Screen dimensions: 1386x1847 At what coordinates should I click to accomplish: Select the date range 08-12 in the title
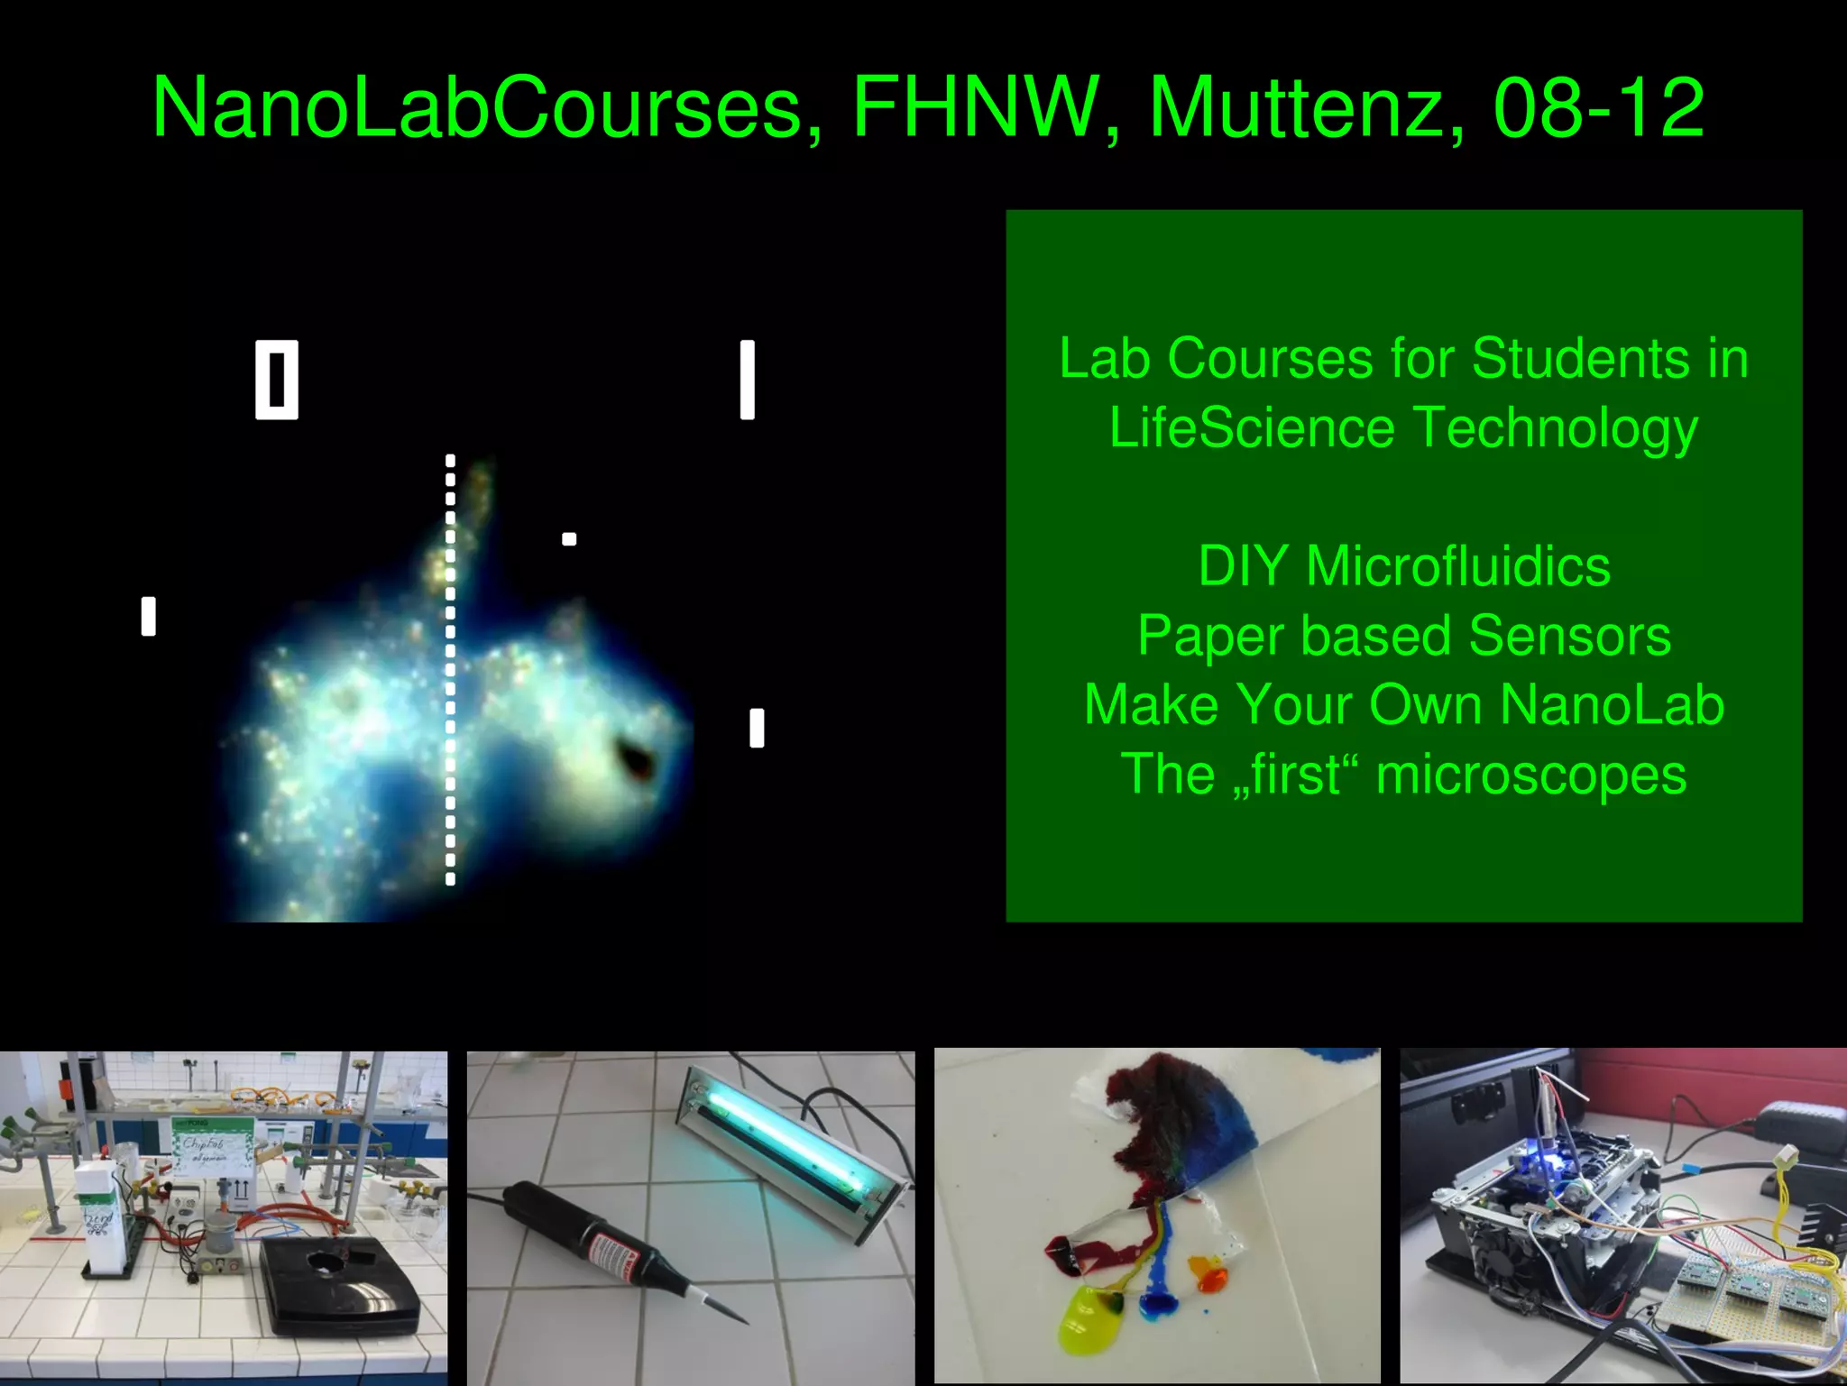coord(1598,108)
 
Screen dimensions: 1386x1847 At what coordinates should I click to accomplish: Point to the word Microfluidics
coord(1458,567)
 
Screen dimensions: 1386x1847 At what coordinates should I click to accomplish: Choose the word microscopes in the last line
coord(1530,775)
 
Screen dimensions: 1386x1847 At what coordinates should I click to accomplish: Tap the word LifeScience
coord(1252,427)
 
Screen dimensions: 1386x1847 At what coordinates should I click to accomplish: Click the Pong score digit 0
coord(276,380)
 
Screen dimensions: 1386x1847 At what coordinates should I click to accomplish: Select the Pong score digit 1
coord(747,380)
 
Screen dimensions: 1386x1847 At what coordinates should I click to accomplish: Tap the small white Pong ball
coord(569,539)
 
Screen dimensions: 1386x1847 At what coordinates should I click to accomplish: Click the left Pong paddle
coord(149,617)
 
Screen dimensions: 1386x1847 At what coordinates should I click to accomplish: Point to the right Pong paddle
coord(757,729)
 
